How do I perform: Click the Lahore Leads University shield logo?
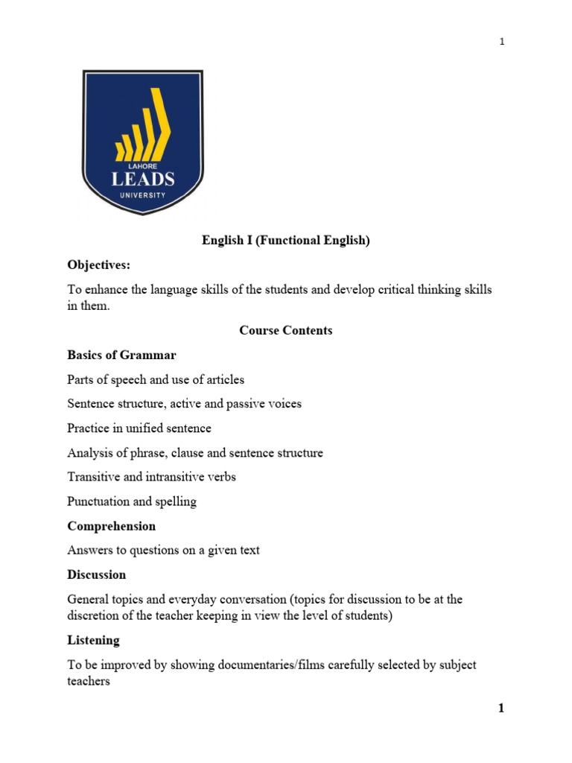tap(142, 142)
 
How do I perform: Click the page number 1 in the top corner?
tap(502, 42)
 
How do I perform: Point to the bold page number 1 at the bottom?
tap(501, 709)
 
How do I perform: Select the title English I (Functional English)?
tap(286, 241)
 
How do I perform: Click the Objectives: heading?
tap(98, 265)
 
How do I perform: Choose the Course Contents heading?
tap(286, 330)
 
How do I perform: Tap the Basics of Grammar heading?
tap(121, 355)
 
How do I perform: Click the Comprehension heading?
tap(111, 526)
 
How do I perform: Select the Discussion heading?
tap(97, 575)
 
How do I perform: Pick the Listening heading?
tap(93, 640)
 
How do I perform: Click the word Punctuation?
tap(99, 501)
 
